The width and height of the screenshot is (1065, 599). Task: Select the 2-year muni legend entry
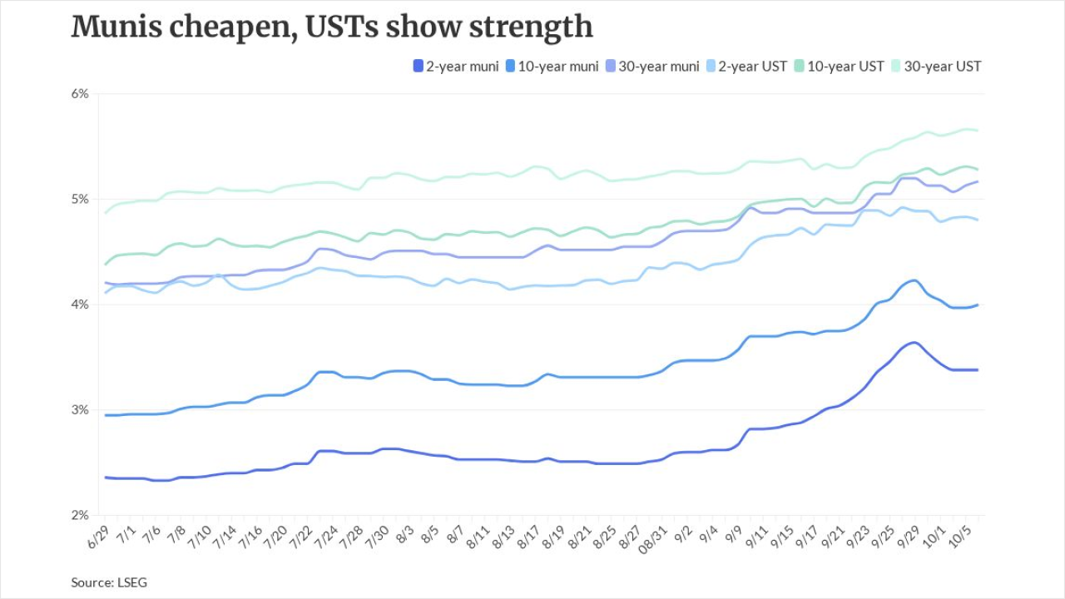tap(456, 66)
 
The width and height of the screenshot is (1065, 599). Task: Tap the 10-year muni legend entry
tap(552, 66)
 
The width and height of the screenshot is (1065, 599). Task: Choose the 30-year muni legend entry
tap(652, 66)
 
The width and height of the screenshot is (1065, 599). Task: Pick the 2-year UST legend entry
tap(746, 66)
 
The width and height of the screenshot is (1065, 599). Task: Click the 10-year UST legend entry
tap(840, 66)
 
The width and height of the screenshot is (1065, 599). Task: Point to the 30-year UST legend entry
tap(936, 66)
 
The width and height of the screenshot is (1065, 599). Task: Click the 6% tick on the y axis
tap(80, 94)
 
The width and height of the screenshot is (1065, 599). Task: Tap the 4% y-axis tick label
tap(80, 304)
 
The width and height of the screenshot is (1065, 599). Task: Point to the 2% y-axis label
tap(80, 515)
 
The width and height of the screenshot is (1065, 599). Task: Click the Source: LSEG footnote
tap(109, 582)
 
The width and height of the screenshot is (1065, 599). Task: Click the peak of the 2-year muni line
tap(914, 342)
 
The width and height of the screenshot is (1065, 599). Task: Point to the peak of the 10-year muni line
tap(914, 280)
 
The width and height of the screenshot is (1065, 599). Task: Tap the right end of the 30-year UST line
tap(977, 131)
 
